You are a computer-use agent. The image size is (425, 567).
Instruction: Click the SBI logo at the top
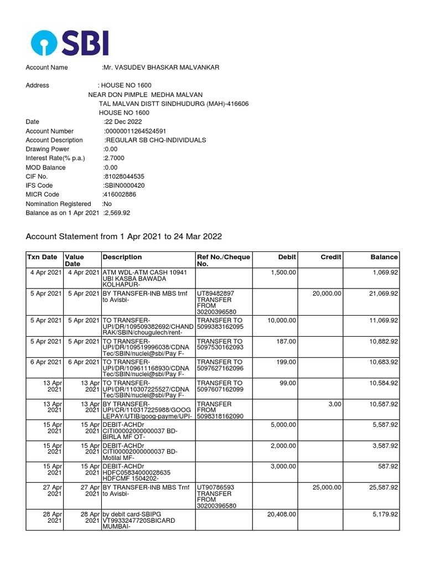point(70,43)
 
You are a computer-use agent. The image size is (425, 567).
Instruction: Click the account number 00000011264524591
point(135,131)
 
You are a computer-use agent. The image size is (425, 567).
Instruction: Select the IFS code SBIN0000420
point(124,185)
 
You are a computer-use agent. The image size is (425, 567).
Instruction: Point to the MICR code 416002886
point(120,195)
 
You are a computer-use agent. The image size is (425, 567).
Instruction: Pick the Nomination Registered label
point(58,204)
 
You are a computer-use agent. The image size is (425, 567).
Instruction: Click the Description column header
point(122,257)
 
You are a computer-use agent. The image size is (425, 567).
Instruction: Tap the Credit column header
point(331,257)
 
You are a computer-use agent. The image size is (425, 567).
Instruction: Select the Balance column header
point(384,257)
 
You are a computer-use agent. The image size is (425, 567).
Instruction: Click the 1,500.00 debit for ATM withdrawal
point(283,273)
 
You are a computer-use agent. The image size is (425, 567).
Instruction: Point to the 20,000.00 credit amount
point(326,293)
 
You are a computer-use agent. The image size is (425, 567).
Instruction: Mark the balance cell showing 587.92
point(387,466)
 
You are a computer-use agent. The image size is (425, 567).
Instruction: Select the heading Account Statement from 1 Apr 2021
point(124,236)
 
